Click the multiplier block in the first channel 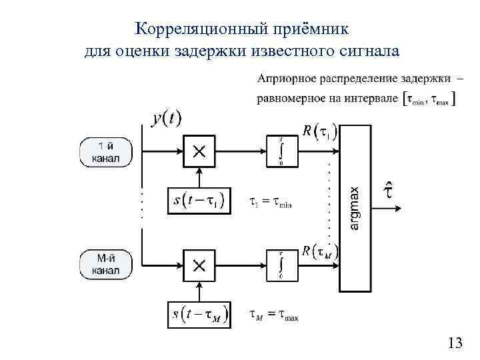tap(199, 152)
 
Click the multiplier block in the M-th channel tap(199, 265)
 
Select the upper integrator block tap(281, 151)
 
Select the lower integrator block tap(281, 265)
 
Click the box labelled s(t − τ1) tap(199, 201)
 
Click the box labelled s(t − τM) tap(199, 315)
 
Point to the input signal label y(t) tap(166, 119)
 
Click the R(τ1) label tap(319, 132)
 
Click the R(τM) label tap(319, 252)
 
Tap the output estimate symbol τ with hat tap(389, 189)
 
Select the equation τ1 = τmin tap(271, 202)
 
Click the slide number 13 tap(455, 343)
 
